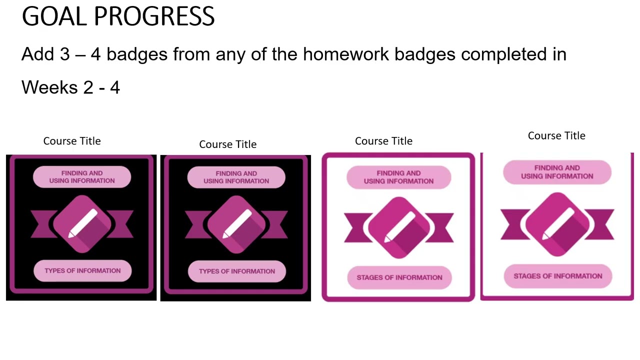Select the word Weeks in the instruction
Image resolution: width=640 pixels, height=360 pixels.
[49, 87]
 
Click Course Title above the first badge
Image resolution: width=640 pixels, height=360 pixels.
[72, 141]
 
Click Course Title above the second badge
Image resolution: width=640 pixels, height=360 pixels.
[227, 144]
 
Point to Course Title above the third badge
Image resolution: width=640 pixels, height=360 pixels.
[383, 141]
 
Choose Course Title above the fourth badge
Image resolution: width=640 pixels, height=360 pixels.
[556, 135]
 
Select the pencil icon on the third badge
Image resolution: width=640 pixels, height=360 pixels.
[398, 227]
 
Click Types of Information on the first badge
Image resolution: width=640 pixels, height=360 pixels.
[82, 270]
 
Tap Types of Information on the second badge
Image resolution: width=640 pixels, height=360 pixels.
[236, 271]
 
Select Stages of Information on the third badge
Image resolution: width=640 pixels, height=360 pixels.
[399, 277]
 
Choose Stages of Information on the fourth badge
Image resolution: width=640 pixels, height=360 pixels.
[557, 276]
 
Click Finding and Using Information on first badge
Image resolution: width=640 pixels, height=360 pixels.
[82, 177]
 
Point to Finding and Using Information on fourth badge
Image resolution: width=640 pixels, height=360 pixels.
[557, 172]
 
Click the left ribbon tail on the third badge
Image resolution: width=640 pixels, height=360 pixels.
[356, 228]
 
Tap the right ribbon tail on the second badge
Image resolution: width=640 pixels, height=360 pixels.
[276, 224]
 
